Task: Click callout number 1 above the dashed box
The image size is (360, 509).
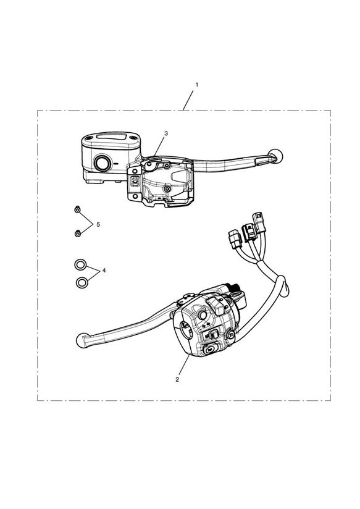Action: click(196, 85)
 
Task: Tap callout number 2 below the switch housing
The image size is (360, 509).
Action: click(177, 379)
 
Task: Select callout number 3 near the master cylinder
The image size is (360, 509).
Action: click(166, 133)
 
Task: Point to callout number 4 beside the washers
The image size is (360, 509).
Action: click(104, 271)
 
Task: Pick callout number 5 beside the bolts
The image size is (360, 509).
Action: click(98, 225)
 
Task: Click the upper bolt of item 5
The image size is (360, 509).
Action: click(77, 209)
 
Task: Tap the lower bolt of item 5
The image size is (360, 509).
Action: click(78, 233)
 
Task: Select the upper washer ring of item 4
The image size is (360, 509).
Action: click(80, 265)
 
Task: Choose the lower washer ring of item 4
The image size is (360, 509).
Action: click(82, 282)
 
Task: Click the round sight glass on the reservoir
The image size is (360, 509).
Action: click(103, 163)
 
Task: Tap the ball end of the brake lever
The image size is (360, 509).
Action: click(276, 156)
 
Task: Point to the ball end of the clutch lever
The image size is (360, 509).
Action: click(82, 340)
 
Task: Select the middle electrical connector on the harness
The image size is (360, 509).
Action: click(249, 232)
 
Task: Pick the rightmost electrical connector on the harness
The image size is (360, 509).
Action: click(260, 222)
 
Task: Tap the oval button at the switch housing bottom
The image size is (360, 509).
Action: click(211, 350)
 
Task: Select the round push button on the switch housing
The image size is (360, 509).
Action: click(203, 315)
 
